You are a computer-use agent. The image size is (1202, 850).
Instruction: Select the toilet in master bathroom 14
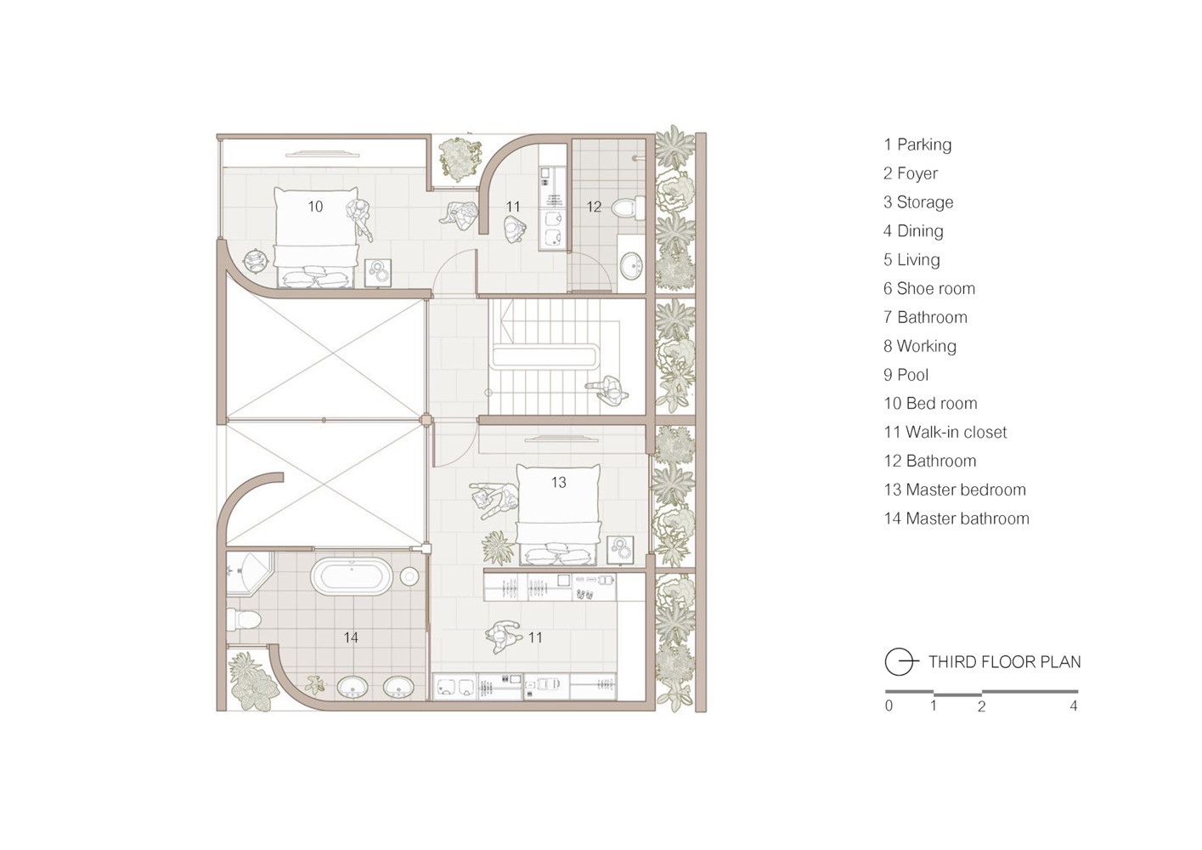point(243,619)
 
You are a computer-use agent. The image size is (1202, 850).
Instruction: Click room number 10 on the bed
point(315,207)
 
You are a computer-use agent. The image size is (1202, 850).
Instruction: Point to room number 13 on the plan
point(559,482)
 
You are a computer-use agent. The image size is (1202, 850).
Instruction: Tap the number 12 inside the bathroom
point(594,207)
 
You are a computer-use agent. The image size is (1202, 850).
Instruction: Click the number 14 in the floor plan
point(350,637)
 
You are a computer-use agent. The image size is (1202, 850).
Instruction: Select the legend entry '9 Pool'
point(906,375)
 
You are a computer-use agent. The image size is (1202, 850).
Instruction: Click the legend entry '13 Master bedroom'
point(955,490)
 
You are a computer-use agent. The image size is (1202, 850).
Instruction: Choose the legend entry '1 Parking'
point(917,144)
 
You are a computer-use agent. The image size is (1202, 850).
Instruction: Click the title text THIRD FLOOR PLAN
point(1005,662)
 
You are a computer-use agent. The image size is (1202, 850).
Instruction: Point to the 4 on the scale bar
point(1073,706)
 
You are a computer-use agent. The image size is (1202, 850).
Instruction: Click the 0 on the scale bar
point(889,706)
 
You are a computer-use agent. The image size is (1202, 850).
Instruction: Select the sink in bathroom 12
point(632,265)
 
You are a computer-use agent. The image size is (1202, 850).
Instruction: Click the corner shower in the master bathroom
point(250,573)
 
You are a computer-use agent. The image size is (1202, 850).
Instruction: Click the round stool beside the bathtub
point(409,576)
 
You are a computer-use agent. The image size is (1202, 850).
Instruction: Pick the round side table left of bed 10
point(255,262)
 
